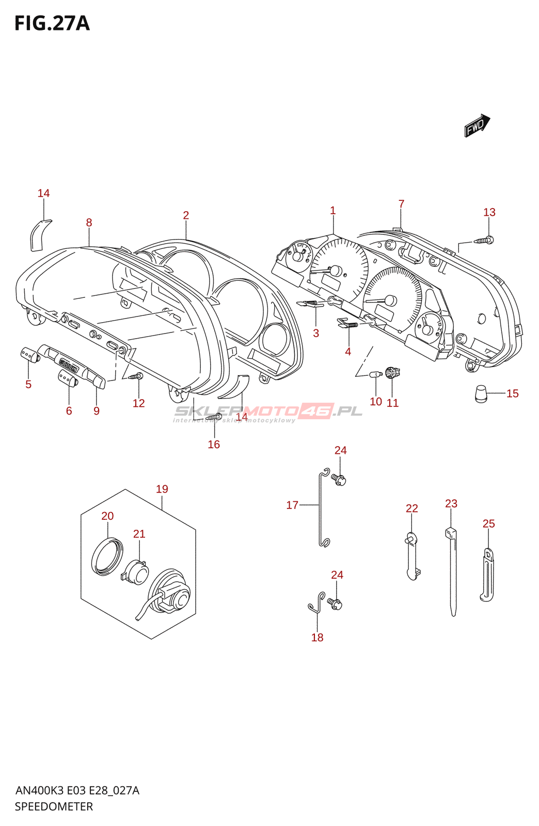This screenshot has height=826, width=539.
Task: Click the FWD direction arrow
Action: (x=477, y=125)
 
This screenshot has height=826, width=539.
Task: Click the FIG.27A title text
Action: (x=52, y=24)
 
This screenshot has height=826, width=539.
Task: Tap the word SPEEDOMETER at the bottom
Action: (x=54, y=806)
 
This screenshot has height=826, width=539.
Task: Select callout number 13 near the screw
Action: (x=489, y=212)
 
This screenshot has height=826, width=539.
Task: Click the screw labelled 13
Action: (x=484, y=240)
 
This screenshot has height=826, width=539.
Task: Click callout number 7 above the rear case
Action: (x=401, y=204)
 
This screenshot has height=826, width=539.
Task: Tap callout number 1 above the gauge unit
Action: (x=333, y=211)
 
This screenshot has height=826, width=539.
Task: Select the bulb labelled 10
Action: (x=375, y=374)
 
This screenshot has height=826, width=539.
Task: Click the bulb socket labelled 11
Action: (x=392, y=372)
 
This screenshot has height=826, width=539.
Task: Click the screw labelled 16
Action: (x=214, y=417)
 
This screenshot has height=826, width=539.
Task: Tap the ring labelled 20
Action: (x=107, y=556)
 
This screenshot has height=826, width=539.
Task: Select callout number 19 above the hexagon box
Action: (x=162, y=489)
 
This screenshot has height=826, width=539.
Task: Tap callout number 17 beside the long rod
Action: (x=292, y=505)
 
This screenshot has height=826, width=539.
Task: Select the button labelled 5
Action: (x=29, y=355)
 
